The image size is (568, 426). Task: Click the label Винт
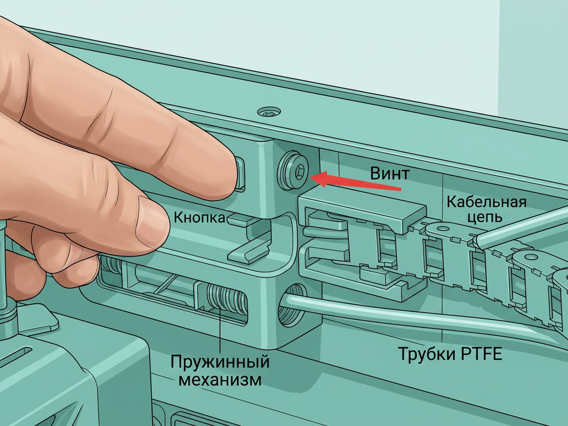point(389,174)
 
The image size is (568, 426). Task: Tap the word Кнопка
point(199,217)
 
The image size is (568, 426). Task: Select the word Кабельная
point(487,202)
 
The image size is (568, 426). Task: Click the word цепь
point(485,217)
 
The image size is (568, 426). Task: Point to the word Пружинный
point(220,361)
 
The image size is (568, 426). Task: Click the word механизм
point(220,379)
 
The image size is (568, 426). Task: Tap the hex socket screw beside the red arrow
point(292,170)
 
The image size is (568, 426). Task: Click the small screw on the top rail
point(269,112)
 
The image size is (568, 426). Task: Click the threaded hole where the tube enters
point(292,305)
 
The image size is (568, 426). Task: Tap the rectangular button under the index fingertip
point(241,174)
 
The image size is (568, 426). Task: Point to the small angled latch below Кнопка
point(249,251)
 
